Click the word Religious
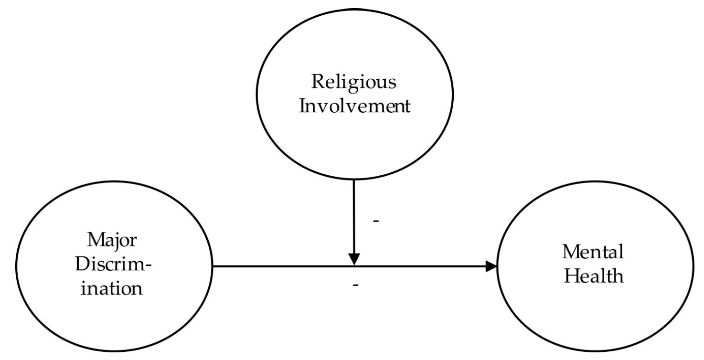tap(353, 83)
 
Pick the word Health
tap(593, 276)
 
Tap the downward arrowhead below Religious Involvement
tap(353, 260)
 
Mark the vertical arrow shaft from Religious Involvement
tap(353, 215)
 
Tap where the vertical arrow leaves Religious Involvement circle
tap(353, 180)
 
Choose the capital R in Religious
tap(317, 82)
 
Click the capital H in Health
tap(569, 276)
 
